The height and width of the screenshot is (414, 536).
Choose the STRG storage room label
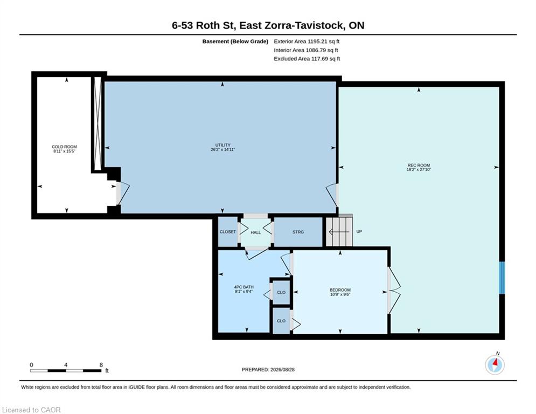click(x=298, y=232)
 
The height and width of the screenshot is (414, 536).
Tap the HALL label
click(x=256, y=233)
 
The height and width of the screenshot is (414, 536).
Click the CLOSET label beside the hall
click(x=228, y=232)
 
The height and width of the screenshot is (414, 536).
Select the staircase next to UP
click(x=339, y=232)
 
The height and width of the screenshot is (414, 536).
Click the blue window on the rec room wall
click(x=502, y=278)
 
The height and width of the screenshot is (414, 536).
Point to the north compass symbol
click(x=495, y=364)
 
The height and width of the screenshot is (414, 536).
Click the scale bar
click(x=66, y=370)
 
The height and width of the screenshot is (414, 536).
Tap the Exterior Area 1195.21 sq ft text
click(x=307, y=42)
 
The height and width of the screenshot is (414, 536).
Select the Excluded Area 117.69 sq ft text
click(x=307, y=59)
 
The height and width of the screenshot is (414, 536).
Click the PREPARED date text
click(x=268, y=369)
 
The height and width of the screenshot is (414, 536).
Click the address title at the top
click(x=268, y=25)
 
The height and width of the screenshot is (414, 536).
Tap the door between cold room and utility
click(x=122, y=194)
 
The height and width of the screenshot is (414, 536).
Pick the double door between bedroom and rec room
click(x=393, y=290)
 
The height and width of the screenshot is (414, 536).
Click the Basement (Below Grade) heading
click(x=235, y=42)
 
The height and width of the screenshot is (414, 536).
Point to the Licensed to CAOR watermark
click(x=31, y=410)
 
